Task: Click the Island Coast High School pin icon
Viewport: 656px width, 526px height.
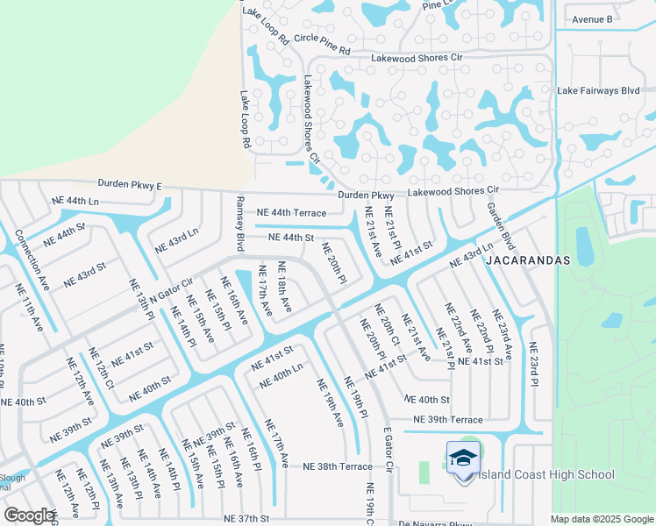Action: coord(462,459)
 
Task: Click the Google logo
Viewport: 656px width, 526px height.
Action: coord(29,515)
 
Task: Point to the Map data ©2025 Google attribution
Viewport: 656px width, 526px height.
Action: coord(603,519)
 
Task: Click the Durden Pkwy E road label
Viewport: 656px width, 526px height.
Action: coord(130,185)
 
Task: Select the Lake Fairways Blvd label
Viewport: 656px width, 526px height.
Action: coord(605,90)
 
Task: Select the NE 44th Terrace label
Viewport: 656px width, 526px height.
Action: coord(291,213)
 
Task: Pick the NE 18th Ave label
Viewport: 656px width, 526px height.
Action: coord(286,285)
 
